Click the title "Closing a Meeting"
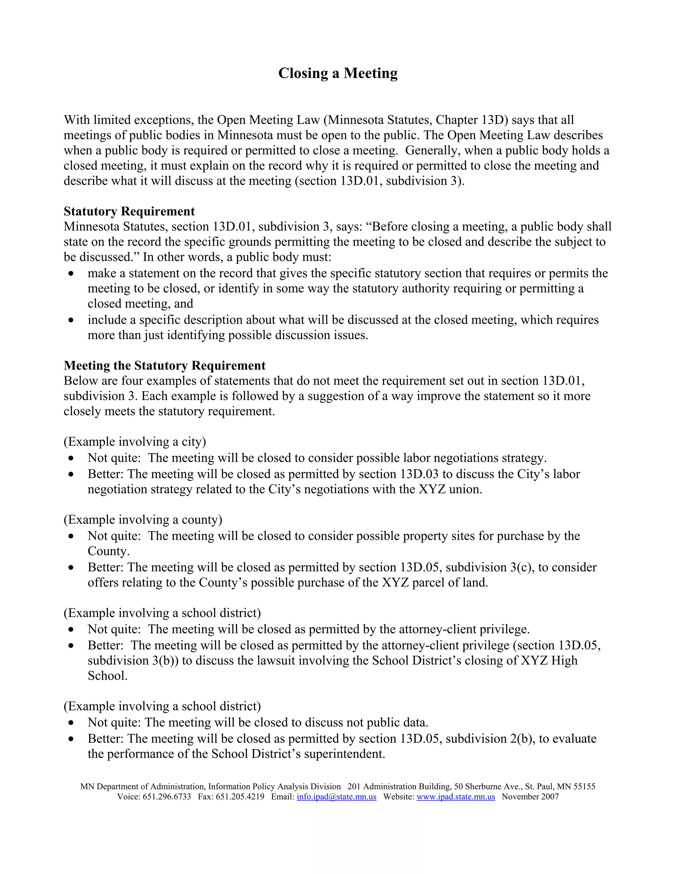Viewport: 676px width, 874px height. [x=338, y=73]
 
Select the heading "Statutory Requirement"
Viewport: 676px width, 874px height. [x=129, y=211]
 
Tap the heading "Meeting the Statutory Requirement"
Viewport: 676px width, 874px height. [x=165, y=365]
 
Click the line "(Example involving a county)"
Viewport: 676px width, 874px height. [x=143, y=519]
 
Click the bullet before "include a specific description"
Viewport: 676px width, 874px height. [x=71, y=320]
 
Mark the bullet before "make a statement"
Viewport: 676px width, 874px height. [x=71, y=274]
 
